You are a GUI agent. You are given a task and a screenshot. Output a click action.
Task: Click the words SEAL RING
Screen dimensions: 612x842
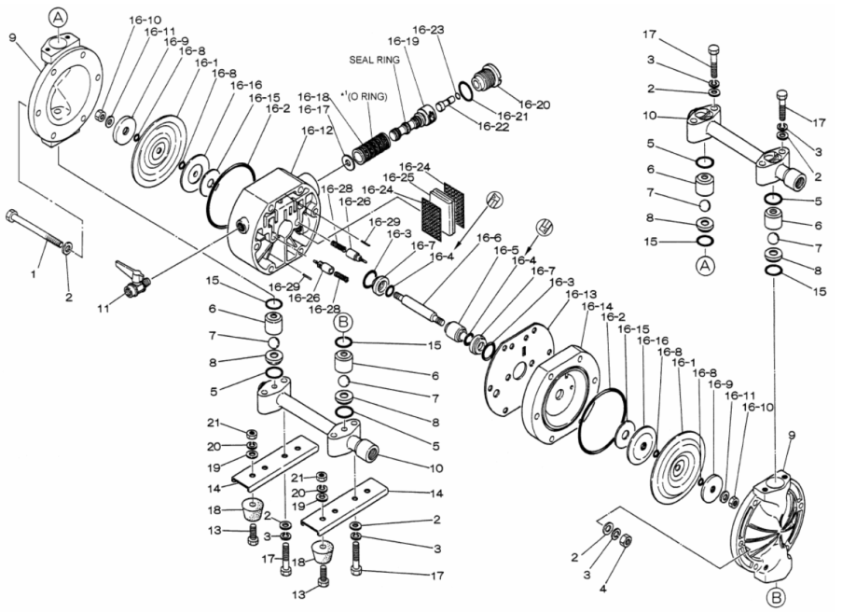click(374, 59)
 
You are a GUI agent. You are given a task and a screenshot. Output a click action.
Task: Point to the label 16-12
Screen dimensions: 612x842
click(316, 131)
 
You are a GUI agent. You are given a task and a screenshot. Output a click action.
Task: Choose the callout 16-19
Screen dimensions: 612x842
click(404, 42)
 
